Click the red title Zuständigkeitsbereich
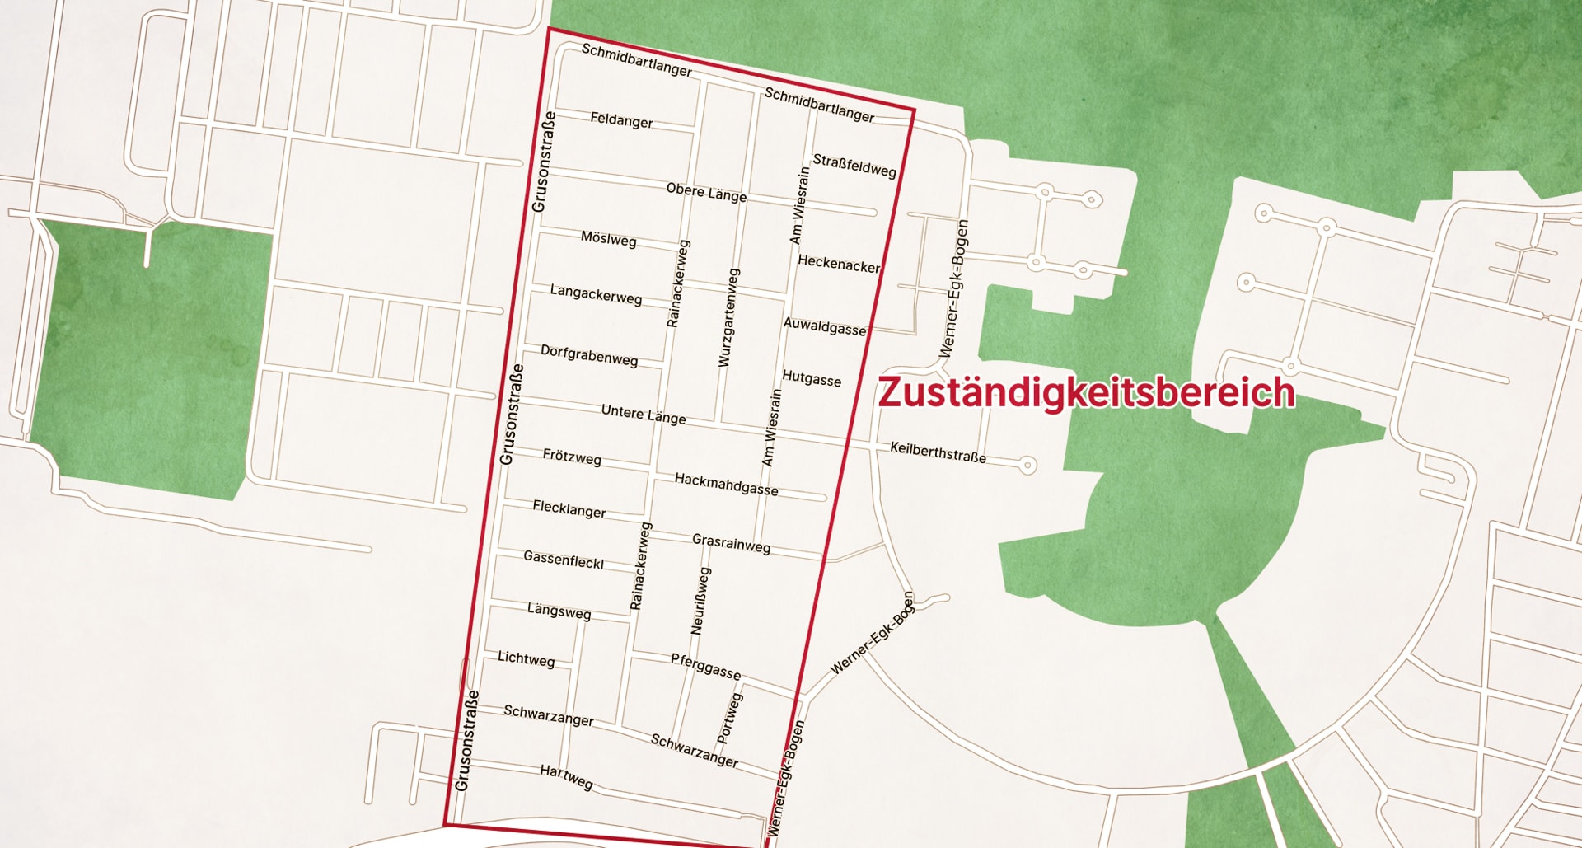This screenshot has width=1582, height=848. (1085, 392)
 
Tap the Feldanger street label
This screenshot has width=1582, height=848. (621, 120)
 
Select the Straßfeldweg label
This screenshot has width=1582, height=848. (854, 166)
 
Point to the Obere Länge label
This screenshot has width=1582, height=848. (706, 193)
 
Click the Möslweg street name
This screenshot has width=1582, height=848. (608, 239)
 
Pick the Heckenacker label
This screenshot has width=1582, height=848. (839, 265)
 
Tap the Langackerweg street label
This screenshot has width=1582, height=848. (596, 294)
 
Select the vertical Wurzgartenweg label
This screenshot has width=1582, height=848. (728, 317)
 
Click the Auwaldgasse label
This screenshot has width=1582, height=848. (825, 326)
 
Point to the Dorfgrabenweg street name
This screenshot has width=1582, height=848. (589, 355)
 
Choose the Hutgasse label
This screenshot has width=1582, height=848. (812, 378)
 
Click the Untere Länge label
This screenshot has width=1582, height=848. (644, 414)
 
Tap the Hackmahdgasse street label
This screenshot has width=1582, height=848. (726, 484)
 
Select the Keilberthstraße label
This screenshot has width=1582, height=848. (938, 452)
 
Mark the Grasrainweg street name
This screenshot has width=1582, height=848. (731, 543)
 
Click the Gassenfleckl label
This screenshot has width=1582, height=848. (564, 560)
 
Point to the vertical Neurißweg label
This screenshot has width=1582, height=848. (700, 601)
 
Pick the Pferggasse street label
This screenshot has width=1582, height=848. (705, 666)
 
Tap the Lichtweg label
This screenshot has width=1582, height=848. (526, 658)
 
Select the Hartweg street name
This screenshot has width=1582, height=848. (566, 776)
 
